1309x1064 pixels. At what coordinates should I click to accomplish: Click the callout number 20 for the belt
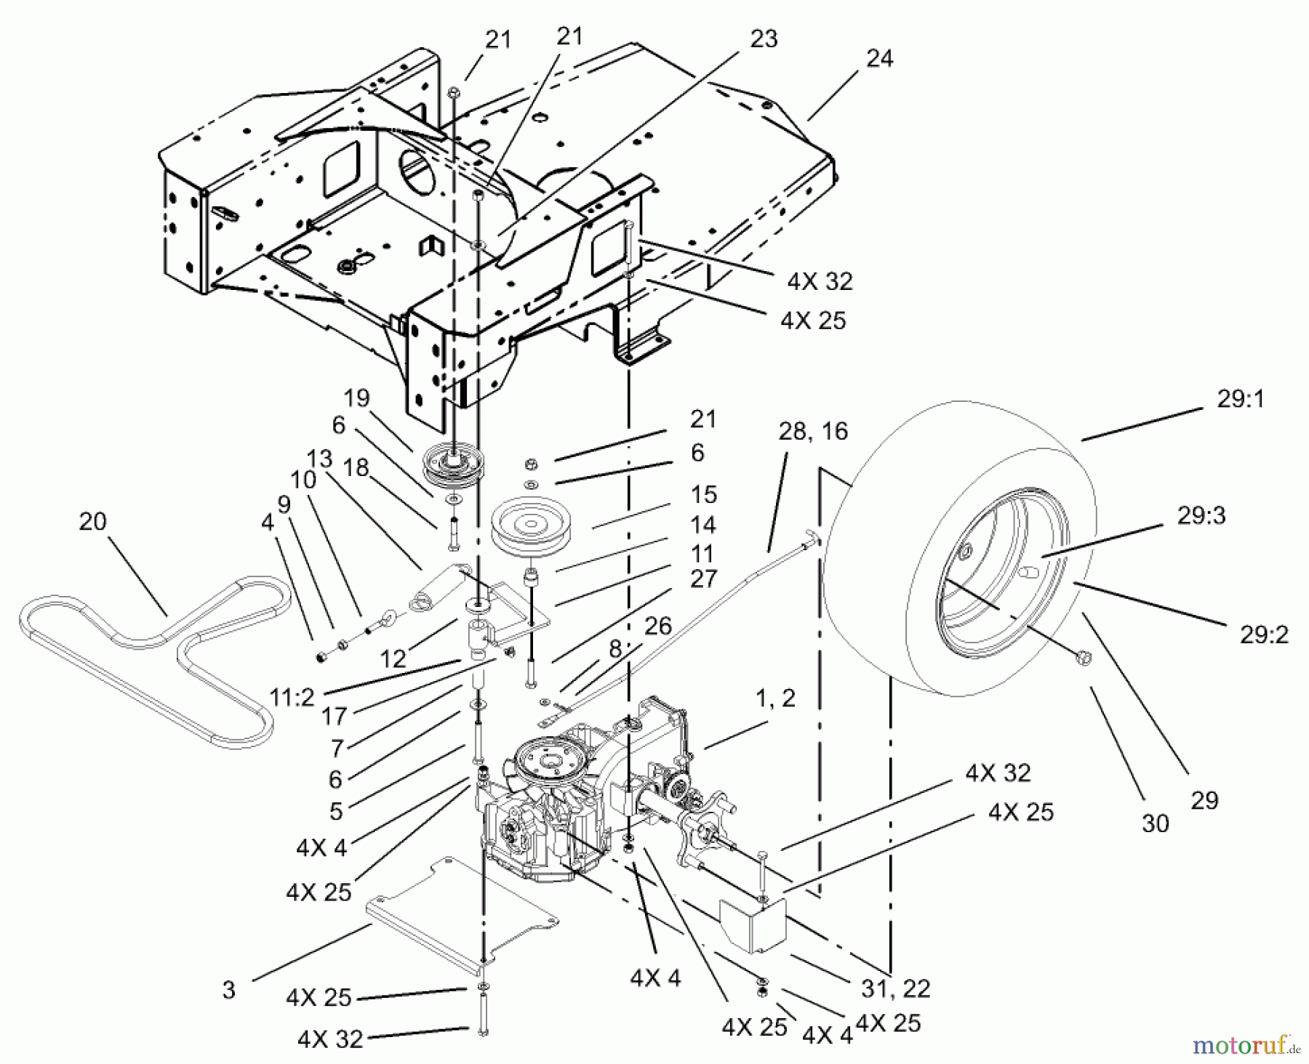(x=92, y=522)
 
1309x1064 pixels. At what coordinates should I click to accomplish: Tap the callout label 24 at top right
(x=879, y=58)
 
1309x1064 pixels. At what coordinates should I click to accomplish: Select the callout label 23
(x=763, y=39)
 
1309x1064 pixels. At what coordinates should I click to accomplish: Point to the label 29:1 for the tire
(x=1239, y=399)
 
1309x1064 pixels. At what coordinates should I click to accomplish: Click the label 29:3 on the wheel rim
(x=1202, y=515)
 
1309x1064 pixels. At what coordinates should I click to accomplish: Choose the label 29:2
(x=1264, y=634)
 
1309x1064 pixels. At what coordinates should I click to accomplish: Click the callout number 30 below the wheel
(x=1155, y=823)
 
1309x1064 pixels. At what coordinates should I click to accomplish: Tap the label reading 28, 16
(x=813, y=432)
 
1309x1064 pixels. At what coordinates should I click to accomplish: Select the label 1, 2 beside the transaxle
(x=776, y=698)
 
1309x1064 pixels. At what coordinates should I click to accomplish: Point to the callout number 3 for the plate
(x=229, y=990)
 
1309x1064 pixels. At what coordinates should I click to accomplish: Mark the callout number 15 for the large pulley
(x=703, y=494)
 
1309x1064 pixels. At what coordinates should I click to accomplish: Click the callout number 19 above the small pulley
(x=357, y=398)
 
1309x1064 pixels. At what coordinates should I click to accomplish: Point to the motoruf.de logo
(x=1246, y=1045)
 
